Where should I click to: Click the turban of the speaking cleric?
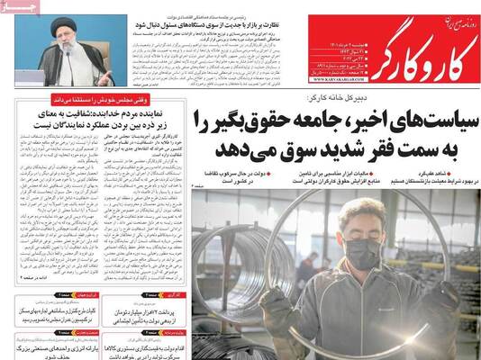(65, 25)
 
